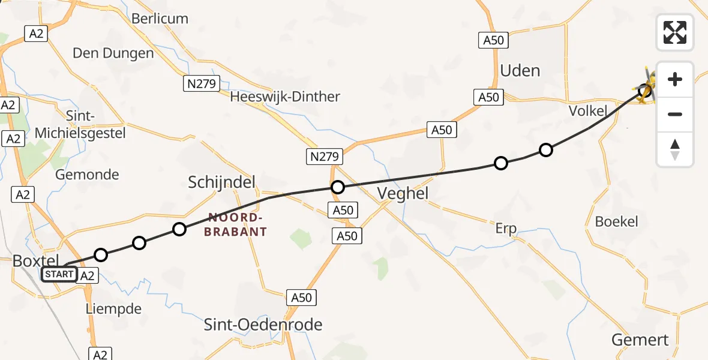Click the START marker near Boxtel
[59, 275]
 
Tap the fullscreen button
[675, 32]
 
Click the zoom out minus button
[675, 114]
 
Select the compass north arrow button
[675, 149]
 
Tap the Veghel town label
[403, 193]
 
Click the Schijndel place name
[221, 182]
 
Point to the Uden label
[520, 71]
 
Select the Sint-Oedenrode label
[263, 325]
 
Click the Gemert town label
[640, 340]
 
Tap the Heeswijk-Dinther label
[285, 97]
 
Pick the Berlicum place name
[160, 19]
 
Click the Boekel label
[616, 221]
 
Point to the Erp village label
[506, 228]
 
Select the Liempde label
[114, 310]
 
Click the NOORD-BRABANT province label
[235, 224]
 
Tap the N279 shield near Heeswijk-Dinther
[201, 84]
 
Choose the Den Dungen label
[113, 53]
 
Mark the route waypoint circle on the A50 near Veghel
[338, 187]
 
